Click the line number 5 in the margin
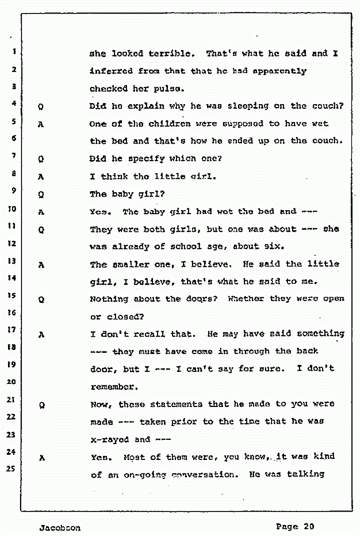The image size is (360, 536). (14, 121)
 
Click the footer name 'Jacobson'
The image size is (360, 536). (58, 527)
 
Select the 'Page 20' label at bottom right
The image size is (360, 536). (294, 526)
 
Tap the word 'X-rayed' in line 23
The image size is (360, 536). (109, 439)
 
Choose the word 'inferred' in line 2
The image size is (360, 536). (110, 71)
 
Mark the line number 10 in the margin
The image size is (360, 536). (13, 209)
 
